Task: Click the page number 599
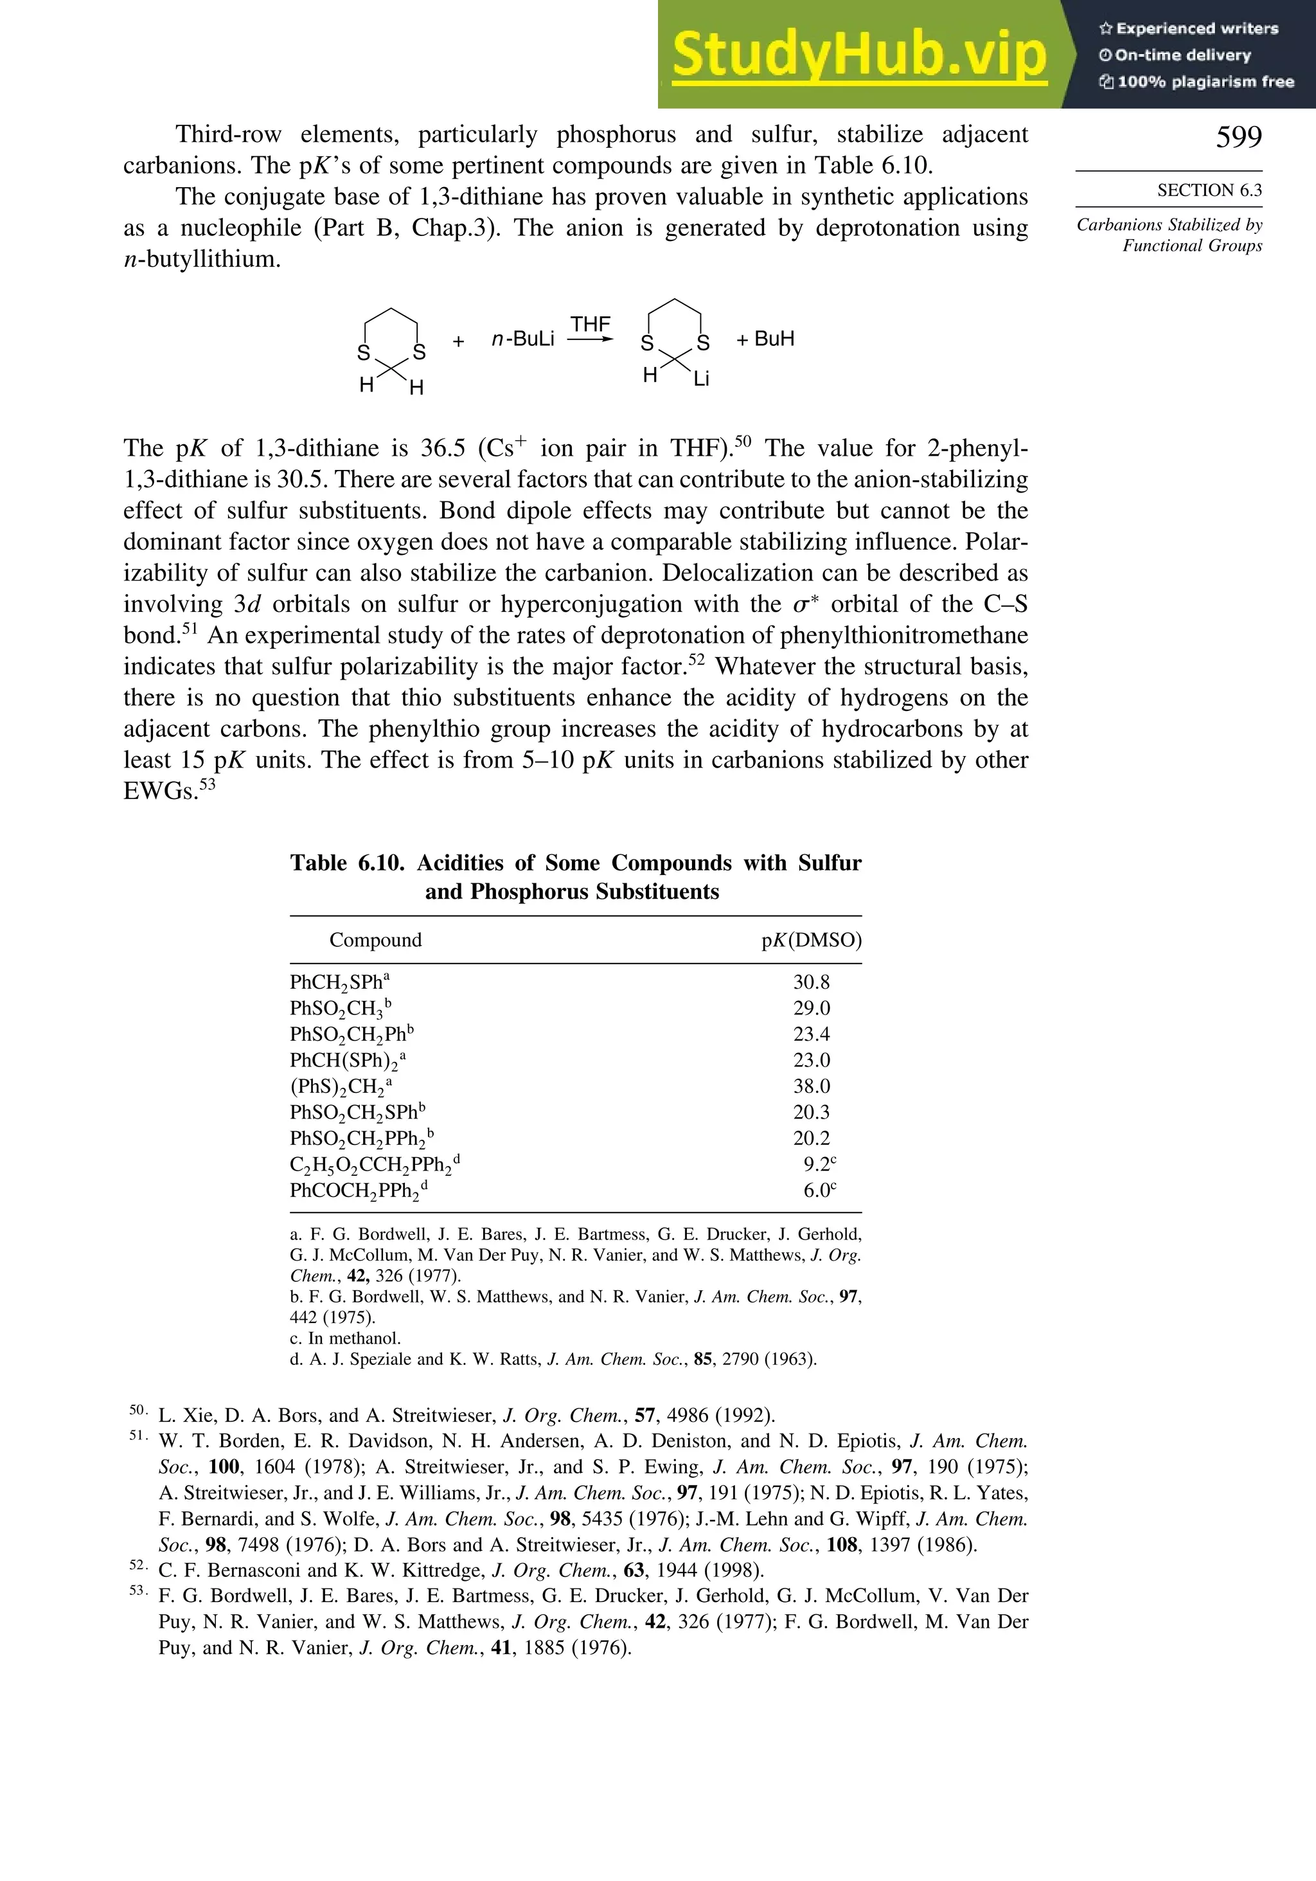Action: click(x=1238, y=137)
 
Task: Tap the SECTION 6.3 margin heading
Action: click(x=1209, y=190)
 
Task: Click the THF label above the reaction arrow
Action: click(x=591, y=325)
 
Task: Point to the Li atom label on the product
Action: click(x=701, y=379)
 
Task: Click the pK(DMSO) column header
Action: click(x=811, y=940)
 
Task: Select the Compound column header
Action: click(x=375, y=940)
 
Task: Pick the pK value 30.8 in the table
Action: click(x=811, y=982)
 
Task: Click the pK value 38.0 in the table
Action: click(x=811, y=1086)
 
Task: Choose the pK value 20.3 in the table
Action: click(x=811, y=1113)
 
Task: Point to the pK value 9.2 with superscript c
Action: click(x=818, y=1164)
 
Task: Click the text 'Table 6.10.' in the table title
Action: click(x=346, y=863)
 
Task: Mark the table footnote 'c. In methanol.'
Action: click(x=345, y=1338)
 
